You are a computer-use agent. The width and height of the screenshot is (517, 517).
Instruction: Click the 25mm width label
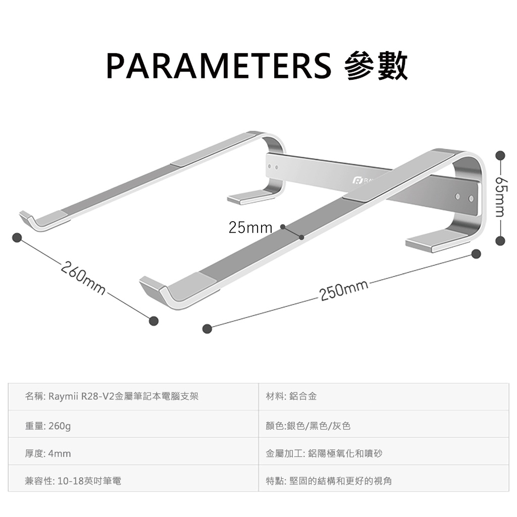[250, 228]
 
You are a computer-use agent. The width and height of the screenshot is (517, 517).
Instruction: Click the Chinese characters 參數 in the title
[376, 66]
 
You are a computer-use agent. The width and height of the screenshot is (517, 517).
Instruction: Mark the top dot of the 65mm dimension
[500, 154]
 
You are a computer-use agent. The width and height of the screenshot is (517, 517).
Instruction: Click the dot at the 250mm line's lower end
[206, 329]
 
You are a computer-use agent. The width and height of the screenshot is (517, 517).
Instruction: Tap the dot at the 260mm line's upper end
[17, 237]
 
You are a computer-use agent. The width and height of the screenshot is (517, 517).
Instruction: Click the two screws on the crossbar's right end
[464, 197]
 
